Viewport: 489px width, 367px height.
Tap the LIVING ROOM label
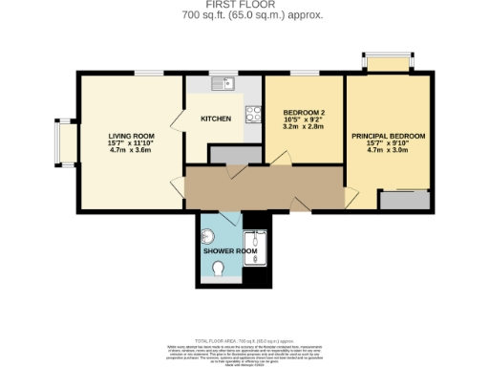pos(131,135)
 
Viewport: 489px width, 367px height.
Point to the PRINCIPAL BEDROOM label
pos(388,137)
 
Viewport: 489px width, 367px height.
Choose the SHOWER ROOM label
pos(230,250)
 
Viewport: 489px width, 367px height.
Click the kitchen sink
pos(223,84)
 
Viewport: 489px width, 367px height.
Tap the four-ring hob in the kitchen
pos(253,115)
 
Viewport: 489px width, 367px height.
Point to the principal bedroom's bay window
pos(387,63)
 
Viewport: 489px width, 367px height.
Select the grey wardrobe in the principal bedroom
pos(403,199)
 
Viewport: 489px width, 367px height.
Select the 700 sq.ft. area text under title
pos(244,15)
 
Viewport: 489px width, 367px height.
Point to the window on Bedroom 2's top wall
pos(305,73)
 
